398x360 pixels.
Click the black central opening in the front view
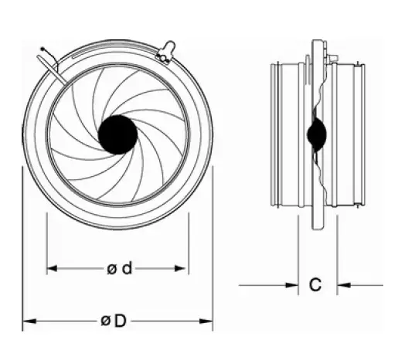[x=117, y=134]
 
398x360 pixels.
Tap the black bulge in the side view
[x=315, y=135]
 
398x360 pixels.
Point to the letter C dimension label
[x=315, y=285]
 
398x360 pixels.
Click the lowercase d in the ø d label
[x=127, y=269]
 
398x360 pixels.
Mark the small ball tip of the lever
[x=41, y=51]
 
